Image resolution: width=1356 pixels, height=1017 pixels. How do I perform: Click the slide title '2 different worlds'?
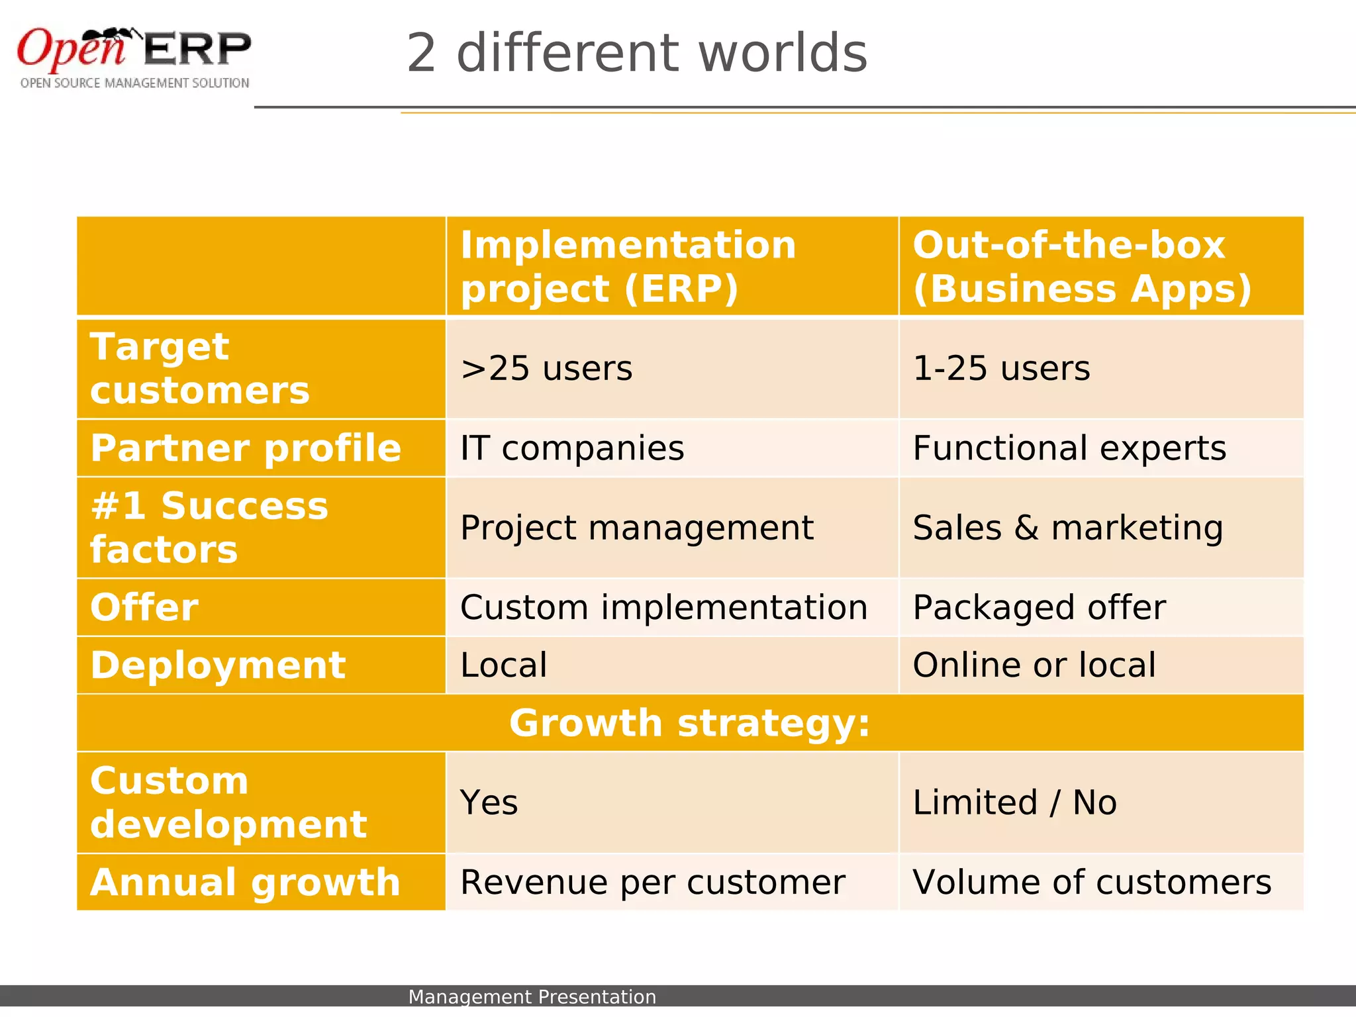click(x=636, y=53)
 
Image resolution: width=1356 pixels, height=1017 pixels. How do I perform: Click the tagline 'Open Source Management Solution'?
click(x=135, y=83)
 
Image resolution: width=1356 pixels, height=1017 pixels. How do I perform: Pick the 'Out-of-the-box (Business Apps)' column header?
click(x=1082, y=266)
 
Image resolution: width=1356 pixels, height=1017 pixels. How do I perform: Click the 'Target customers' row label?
click(x=199, y=368)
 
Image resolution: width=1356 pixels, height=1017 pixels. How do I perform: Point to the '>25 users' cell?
click(x=546, y=368)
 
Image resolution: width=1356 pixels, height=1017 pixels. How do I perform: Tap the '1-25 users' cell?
click(x=1001, y=368)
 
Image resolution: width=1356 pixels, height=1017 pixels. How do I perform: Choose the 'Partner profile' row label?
click(x=246, y=448)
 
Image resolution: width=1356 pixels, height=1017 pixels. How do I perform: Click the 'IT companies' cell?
click(x=572, y=448)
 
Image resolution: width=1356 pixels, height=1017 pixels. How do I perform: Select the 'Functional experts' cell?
click(x=1069, y=448)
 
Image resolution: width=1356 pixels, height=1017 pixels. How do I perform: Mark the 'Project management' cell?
click(x=636, y=528)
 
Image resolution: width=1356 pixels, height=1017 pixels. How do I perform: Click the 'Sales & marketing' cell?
click(x=1067, y=528)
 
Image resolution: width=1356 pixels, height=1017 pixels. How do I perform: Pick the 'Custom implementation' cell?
click(x=663, y=607)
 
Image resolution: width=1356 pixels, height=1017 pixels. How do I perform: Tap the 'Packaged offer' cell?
click(x=1039, y=607)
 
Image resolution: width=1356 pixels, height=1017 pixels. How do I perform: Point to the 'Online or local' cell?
click(x=1034, y=665)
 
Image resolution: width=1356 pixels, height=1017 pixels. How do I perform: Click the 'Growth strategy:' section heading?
click(x=689, y=722)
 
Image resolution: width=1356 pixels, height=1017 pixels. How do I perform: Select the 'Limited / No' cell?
click(x=1014, y=802)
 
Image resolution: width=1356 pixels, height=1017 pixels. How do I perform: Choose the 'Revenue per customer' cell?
click(x=652, y=882)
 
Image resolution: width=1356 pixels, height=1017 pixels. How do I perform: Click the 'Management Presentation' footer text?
click(x=532, y=996)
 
